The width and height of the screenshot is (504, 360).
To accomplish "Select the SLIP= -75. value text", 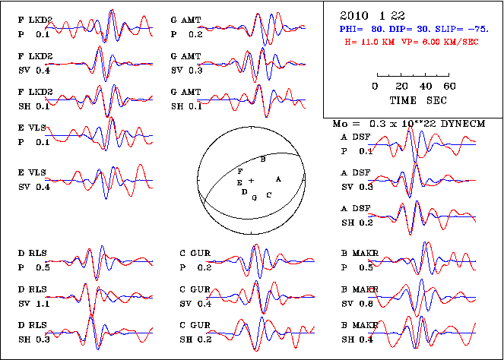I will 449,28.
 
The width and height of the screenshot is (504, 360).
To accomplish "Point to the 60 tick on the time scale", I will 449,86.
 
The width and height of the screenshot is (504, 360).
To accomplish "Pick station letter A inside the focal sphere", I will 279,178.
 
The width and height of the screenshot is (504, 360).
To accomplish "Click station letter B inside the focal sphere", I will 263,159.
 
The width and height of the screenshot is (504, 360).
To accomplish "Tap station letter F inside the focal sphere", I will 240,172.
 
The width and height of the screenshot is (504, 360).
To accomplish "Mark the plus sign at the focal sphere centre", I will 251,181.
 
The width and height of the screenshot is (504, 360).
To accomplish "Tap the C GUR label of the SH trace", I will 194,327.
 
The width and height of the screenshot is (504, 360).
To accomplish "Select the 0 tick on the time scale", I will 376,86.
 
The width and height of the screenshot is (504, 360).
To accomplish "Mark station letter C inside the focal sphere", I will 268,195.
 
